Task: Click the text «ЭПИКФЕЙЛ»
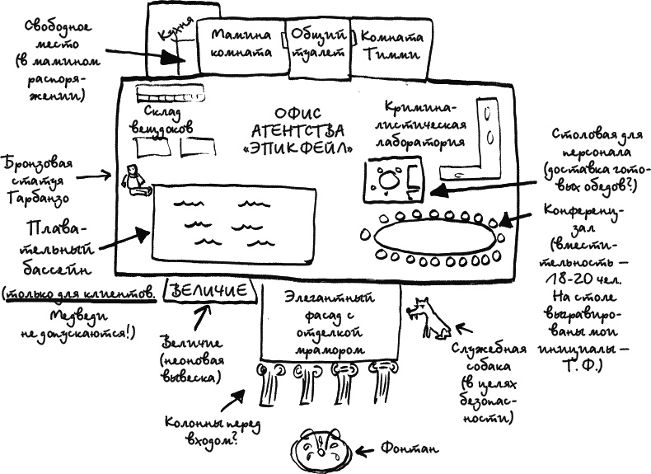point(300,148)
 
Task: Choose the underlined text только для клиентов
point(80,293)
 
